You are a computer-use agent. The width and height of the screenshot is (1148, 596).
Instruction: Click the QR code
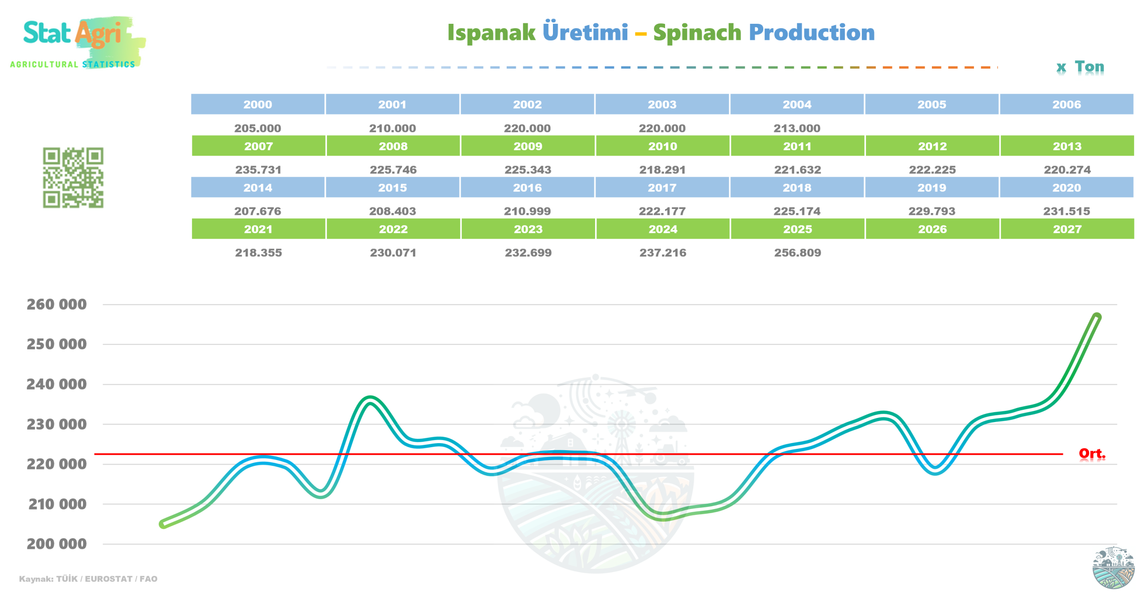point(73,178)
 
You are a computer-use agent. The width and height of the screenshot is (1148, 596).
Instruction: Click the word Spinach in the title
point(697,33)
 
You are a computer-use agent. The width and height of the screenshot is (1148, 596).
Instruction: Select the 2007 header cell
point(258,146)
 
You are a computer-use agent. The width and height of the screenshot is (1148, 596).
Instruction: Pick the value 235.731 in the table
point(258,170)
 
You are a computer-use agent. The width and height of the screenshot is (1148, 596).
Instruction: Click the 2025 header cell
point(797,229)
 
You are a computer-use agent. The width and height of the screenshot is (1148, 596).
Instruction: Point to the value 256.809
point(797,252)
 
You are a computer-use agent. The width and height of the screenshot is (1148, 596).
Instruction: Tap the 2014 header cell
point(258,187)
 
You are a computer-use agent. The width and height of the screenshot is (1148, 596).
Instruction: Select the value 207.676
point(258,211)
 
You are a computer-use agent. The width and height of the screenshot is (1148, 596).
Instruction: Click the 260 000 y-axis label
point(57,305)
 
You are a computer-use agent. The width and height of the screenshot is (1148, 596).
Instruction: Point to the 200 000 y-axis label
point(57,544)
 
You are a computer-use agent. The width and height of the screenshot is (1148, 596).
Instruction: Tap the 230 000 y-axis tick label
point(57,424)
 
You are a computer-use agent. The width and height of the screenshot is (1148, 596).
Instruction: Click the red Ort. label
point(1091,453)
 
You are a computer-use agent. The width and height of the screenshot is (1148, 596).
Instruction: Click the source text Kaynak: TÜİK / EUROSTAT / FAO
point(88,579)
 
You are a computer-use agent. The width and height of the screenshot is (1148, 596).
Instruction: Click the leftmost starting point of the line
point(163,524)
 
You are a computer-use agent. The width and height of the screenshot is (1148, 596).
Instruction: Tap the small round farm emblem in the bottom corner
point(1113,567)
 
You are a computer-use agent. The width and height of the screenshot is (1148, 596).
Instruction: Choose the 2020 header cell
point(1066,187)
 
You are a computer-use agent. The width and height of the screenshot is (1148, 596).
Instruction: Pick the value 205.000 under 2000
point(258,128)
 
